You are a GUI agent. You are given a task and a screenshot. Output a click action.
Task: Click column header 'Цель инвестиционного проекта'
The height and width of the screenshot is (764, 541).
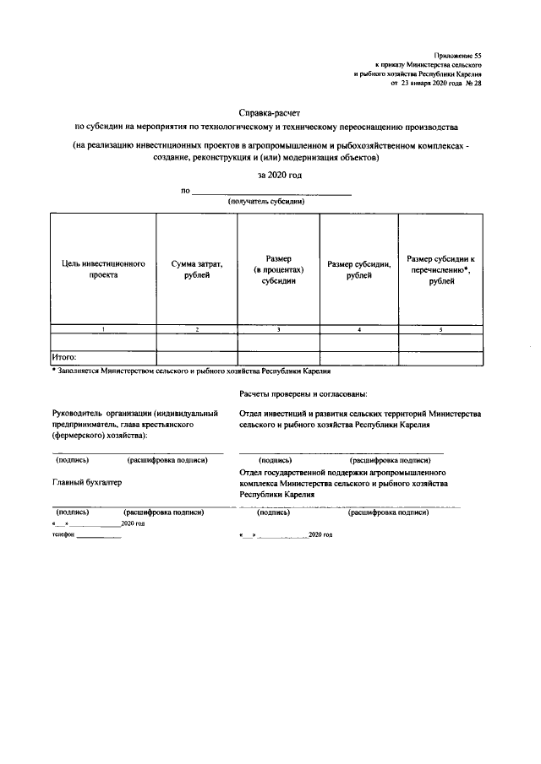click(103, 268)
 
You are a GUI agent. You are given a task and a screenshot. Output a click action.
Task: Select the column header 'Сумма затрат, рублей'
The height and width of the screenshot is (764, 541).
click(196, 268)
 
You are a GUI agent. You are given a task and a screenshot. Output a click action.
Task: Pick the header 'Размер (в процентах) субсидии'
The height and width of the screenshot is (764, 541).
click(278, 268)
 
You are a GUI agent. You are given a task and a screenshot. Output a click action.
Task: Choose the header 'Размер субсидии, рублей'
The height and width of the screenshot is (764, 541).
click(358, 268)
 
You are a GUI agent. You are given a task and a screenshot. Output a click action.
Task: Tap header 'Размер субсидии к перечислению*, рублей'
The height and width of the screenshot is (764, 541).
click(440, 268)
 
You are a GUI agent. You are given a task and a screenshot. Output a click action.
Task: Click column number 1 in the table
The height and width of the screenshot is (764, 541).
click(102, 328)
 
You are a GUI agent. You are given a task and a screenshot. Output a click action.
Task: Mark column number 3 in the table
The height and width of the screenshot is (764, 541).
click(278, 328)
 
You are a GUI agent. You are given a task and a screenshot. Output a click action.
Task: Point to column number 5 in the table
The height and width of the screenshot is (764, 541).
click(440, 328)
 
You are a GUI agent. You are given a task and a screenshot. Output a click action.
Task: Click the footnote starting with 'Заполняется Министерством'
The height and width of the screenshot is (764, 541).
click(194, 370)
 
